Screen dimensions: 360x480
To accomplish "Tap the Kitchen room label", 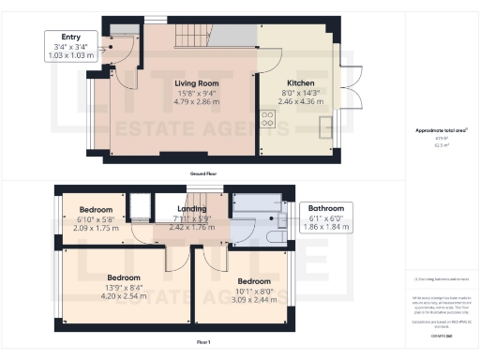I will click(300, 82).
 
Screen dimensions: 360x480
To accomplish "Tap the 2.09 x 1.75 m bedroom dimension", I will click(96, 228).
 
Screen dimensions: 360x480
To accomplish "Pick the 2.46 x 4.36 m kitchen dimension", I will click(300, 101).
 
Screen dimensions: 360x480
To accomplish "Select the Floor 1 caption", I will click(202, 342).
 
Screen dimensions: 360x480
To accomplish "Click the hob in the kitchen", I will click(267, 119).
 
